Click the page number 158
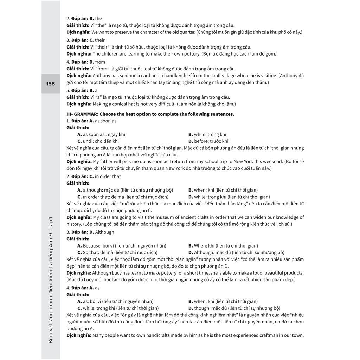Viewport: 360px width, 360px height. click(x=51, y=84)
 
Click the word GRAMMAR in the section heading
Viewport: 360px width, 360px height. click(x=85, y=114)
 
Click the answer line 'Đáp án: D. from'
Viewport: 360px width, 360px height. click(x=85, y=62)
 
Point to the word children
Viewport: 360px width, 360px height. click(x=111, y=54)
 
